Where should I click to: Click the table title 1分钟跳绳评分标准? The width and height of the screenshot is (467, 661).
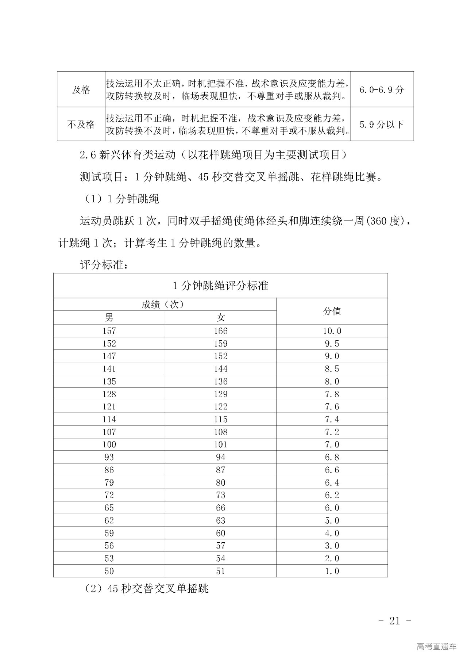click(220, 285)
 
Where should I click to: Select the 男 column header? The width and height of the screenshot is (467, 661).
click(109, 318)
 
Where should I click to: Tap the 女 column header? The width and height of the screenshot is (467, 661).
click(220, 318)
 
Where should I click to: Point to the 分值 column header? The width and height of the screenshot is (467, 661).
click(332, 311)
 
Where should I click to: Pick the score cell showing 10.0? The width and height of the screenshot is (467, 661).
click(332, 331)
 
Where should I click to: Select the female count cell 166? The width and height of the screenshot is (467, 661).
click(220, 331)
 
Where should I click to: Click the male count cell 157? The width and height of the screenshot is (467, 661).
click(109, 331)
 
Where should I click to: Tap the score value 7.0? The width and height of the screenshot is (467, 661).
click(332, 444)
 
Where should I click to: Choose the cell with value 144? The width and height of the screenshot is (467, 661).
click(220, 369)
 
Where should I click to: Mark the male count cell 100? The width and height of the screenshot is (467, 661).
click(109, 444)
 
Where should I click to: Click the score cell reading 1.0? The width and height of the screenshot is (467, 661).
click(332, 571)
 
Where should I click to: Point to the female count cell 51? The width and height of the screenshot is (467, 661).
click(220, 571)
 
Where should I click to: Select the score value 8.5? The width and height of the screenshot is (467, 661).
click(332, 369)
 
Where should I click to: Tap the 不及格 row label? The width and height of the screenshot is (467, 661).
click(81, 125)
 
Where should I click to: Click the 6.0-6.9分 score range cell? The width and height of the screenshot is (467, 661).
click(382, 90)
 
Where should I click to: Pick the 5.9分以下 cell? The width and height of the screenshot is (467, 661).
click(382, 125)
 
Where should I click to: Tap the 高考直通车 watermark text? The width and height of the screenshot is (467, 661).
click(436, 646)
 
